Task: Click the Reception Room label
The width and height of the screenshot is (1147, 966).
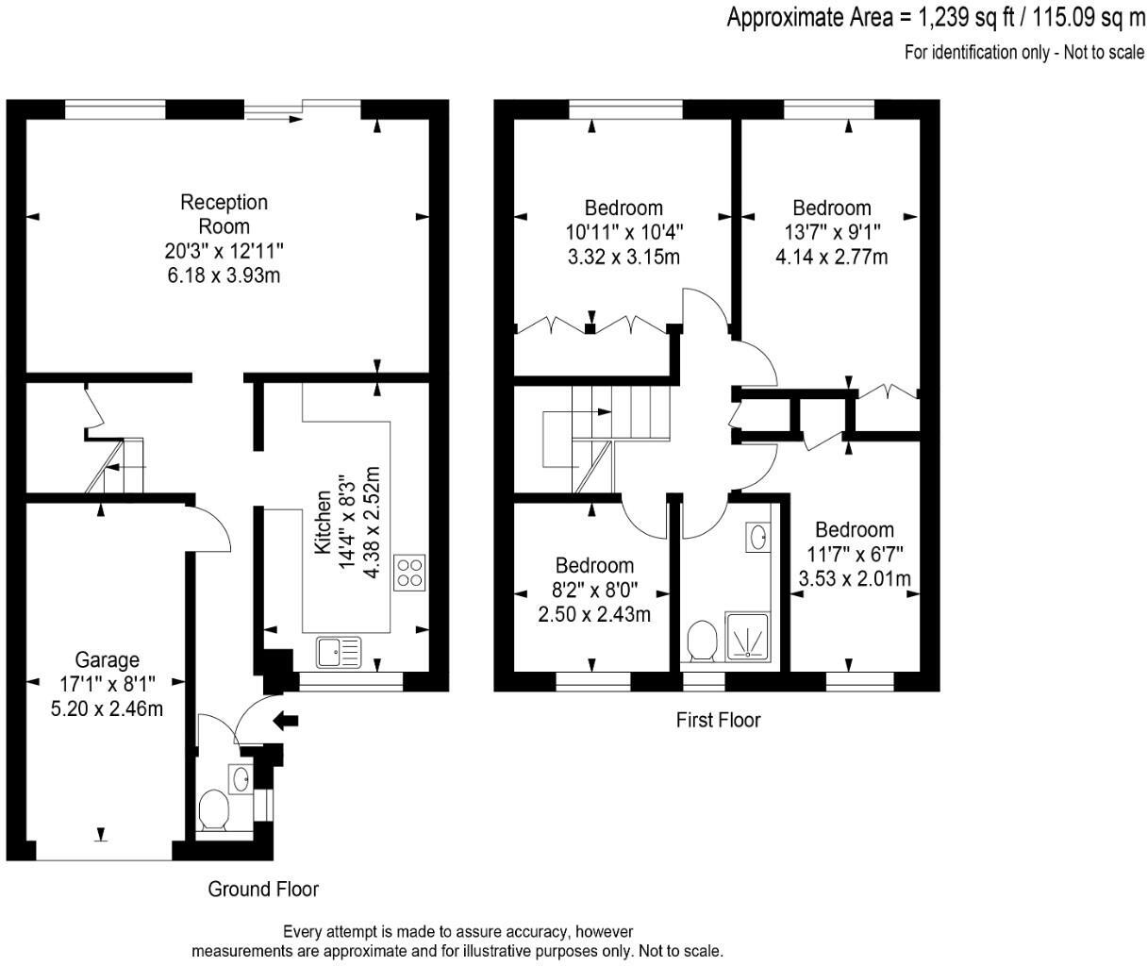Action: pos(224,214)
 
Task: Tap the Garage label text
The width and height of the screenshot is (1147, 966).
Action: pos(107,659)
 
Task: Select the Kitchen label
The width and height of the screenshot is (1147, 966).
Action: pos(323,522)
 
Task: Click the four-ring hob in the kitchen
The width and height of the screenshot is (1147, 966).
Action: pos(409,572)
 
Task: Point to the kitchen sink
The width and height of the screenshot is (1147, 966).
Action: pos(339,651)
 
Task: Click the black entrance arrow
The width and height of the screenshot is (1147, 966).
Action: pos(286,722)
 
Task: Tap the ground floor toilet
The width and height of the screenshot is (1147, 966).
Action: pos(213,810)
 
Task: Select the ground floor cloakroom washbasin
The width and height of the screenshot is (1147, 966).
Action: pos(240,778)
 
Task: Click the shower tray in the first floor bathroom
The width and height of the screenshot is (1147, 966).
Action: pos(748,637)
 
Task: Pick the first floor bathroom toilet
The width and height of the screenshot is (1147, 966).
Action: pos(702,641)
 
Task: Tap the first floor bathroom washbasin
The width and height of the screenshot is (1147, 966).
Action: pos(756,537)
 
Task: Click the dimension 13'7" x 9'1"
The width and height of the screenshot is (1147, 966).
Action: pos(830,232)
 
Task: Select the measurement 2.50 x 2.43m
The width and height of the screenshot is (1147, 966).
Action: pos(594,615)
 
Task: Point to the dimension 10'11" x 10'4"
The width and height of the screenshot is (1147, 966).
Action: pos(623,232)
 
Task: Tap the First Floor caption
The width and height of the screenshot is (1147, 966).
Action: pos(718,721)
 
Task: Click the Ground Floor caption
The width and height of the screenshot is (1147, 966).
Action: pos(263,889)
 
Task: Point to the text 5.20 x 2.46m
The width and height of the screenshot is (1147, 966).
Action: pos(107,708)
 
